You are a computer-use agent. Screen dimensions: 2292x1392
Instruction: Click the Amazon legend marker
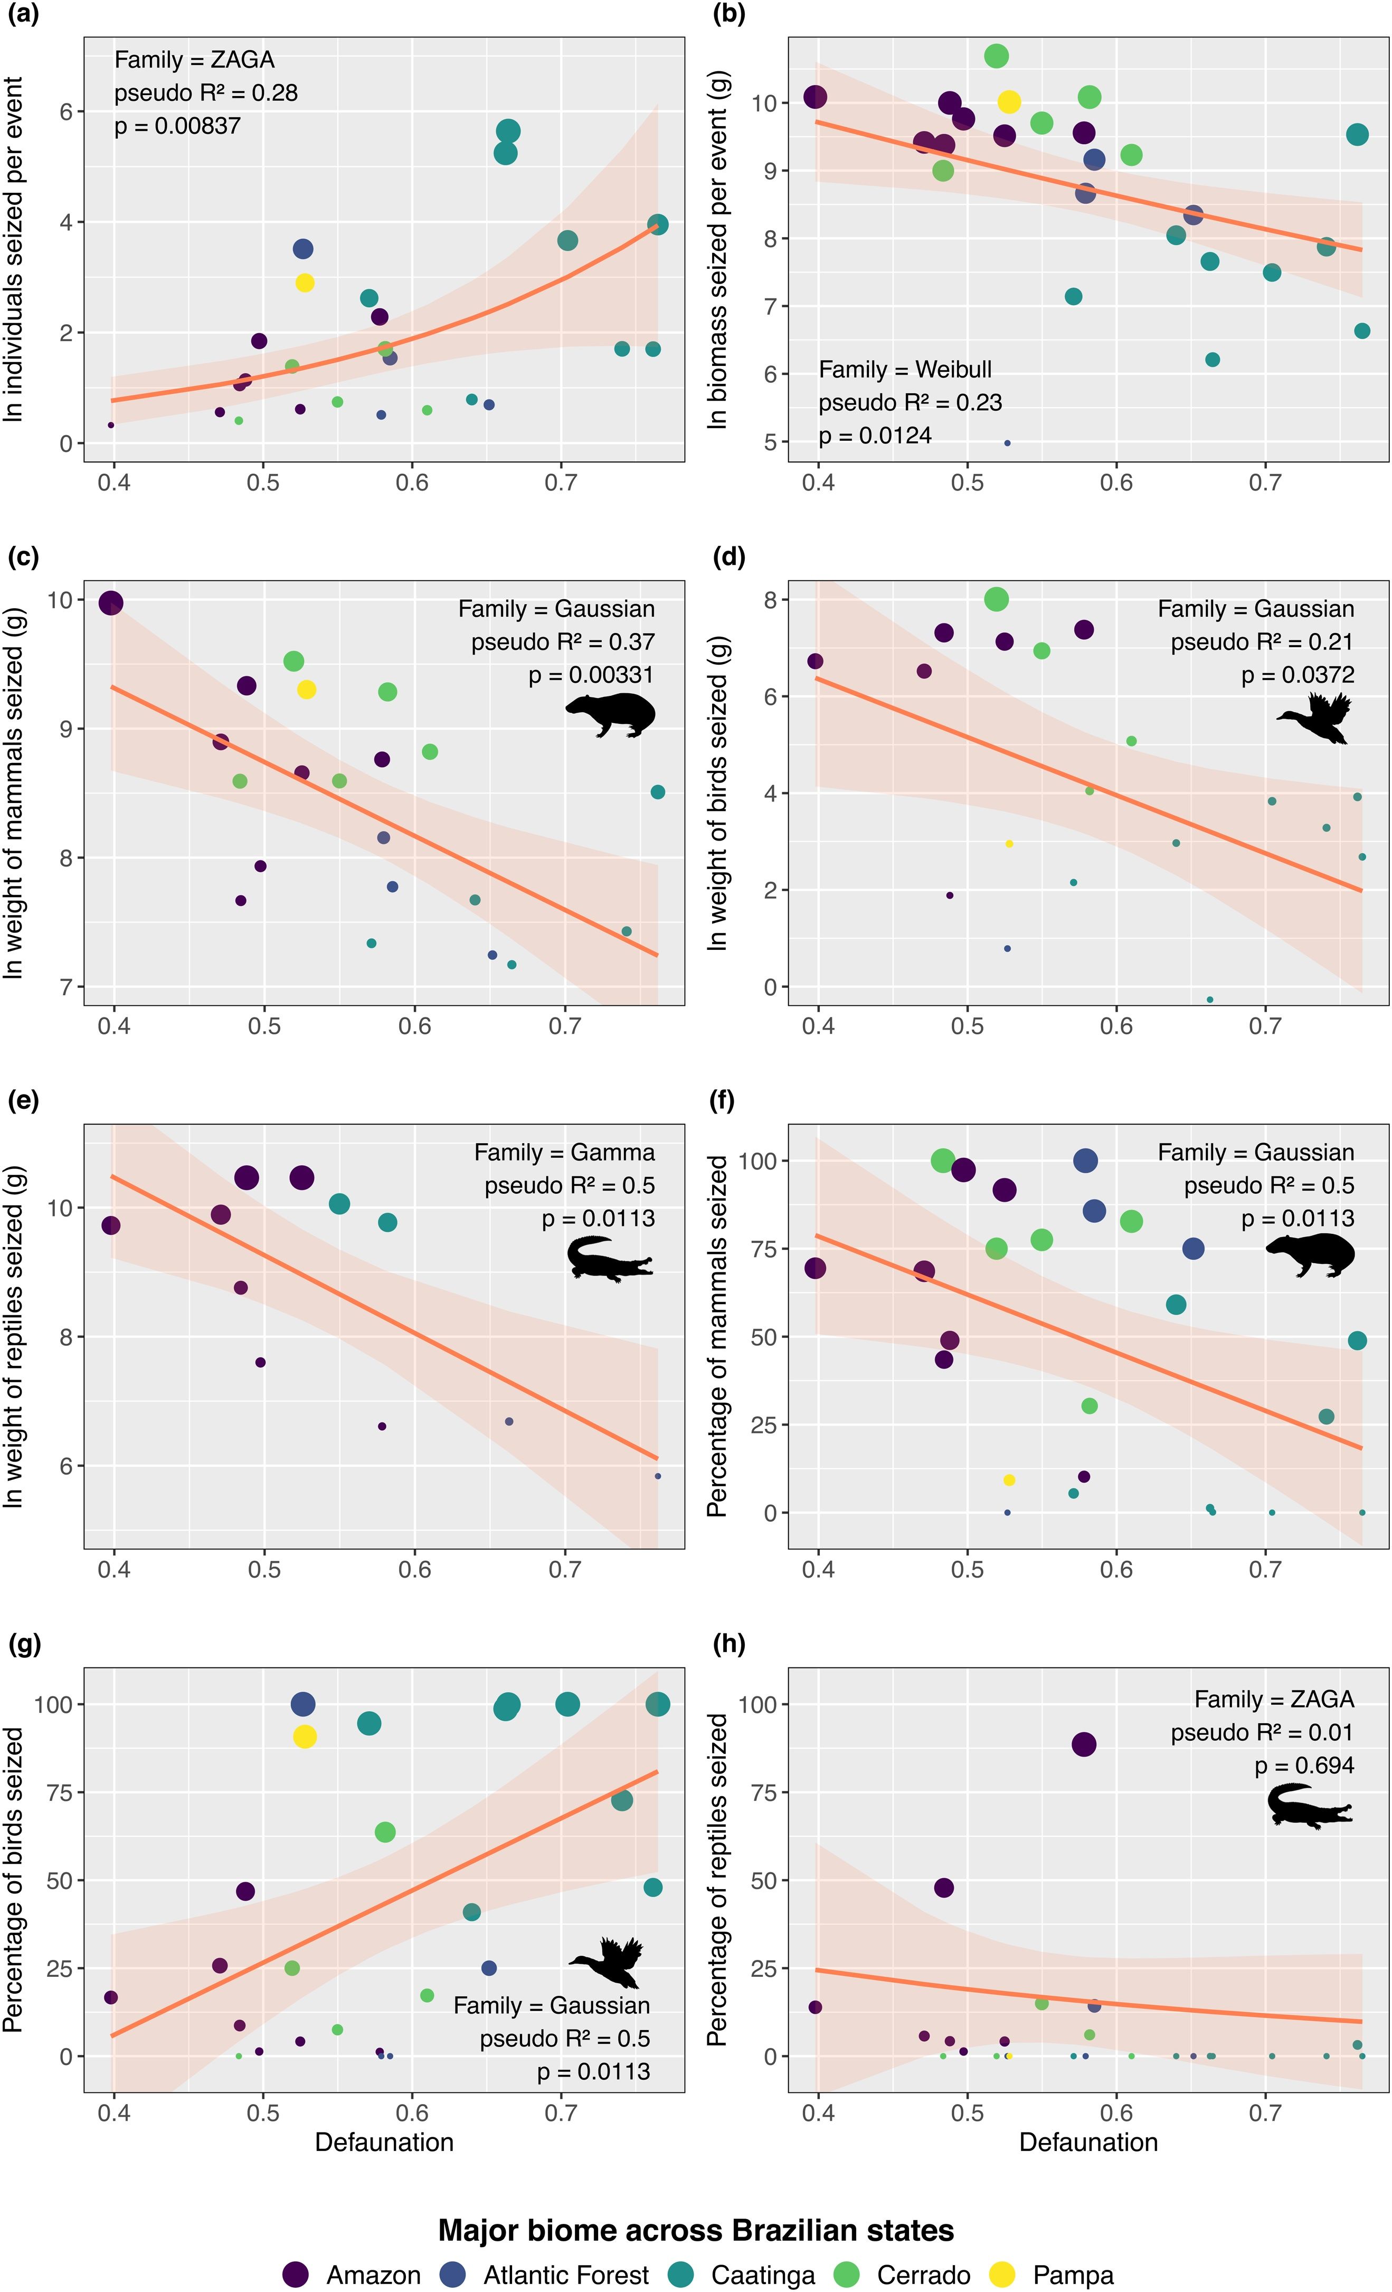(x=296, y=2275)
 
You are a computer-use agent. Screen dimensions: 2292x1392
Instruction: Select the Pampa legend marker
(x=1001, y=2275)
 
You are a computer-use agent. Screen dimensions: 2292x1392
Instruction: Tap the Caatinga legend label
(x=762, y=2275)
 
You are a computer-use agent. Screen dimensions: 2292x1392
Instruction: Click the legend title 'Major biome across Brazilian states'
(x=696, y=2230)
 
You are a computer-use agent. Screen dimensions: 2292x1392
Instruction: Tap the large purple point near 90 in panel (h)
(x=1083, y=1744)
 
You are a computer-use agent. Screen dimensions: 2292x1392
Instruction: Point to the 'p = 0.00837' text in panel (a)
(x=177, y=126)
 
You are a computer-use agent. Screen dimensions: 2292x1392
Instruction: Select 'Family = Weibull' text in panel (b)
(x=905, y=369)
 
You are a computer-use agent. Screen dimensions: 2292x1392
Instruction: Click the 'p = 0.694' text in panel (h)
(x=1304, y=1766)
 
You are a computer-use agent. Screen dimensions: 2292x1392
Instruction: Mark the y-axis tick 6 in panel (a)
(x=66, y=111)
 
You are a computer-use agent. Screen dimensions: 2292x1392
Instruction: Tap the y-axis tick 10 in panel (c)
(x=60, y=600)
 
